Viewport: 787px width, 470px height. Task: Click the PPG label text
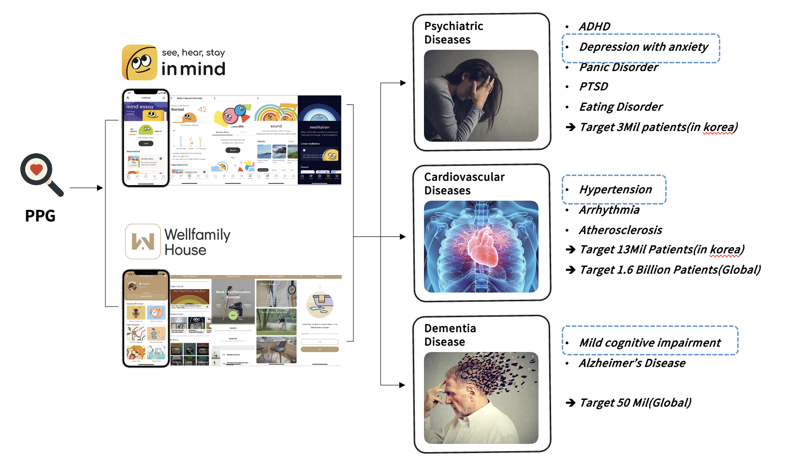pos(40,216)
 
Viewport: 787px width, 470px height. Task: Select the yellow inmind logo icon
pos(140,62)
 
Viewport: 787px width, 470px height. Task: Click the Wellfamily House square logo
pos(143,241)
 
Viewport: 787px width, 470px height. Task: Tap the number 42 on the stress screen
pos(202,109)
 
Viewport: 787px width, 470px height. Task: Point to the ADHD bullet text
pos(594,27)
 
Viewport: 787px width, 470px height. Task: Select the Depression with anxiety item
pos(643,47)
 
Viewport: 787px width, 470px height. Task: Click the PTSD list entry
pos(593,87)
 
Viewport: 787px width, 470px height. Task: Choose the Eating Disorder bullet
pos(621,107)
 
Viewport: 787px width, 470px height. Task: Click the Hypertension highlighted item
pos(615,190)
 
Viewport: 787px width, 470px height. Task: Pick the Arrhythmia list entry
pos(609,210)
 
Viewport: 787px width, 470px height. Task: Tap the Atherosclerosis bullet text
pos(620,230)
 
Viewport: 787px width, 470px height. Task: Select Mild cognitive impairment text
pos(650,343)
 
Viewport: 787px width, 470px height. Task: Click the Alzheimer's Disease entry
pos(632,363)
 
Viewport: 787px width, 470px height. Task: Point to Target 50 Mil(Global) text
pos(635,403)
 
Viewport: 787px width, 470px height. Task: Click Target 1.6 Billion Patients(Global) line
pos(670,270)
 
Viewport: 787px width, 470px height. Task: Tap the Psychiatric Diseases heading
pos(453,33)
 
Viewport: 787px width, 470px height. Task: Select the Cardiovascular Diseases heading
pos(464,184)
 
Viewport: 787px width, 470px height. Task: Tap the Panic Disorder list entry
pos(618,67)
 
